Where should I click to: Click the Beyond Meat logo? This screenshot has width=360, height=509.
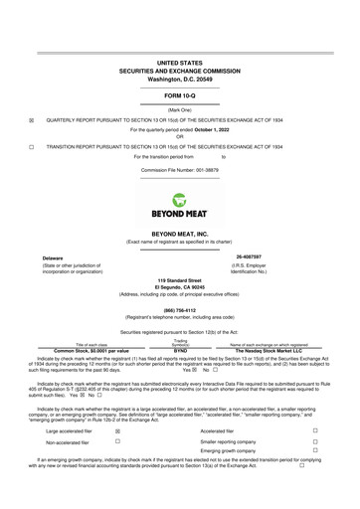pos(180,205)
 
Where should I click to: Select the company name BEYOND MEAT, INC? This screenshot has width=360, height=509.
pos(180,233)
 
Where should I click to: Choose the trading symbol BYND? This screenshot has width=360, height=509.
pos(180,351)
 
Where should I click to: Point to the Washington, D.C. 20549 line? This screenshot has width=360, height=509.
pos(180,78)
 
